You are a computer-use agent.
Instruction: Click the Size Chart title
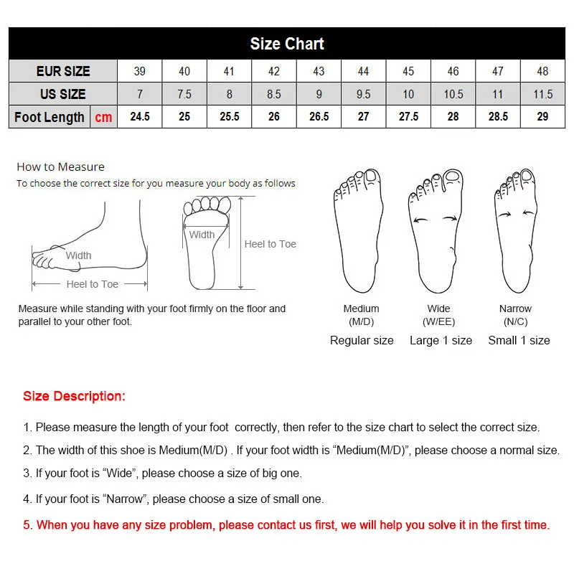(287, 44)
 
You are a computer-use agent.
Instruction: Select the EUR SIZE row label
(63, 71)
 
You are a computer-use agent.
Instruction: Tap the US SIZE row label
(63, 94)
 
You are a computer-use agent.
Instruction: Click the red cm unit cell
(103, 117)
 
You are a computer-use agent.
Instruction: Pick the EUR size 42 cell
(274, 71)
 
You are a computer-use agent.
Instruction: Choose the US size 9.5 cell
(363, 94)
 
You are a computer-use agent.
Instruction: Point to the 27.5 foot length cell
(408, 117)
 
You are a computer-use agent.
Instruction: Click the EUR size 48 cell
(542, 71)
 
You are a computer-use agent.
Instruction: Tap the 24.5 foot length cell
(140, 117)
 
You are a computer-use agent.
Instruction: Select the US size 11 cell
(498, 94)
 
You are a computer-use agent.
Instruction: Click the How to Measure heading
(60, 166)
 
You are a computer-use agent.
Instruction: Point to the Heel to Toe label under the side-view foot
(92, 284)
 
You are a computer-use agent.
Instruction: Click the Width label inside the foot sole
(202, 235)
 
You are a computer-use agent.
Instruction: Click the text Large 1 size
(441, 340)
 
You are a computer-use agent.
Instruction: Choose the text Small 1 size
(519, 340)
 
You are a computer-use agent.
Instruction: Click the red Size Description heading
(74, 396)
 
